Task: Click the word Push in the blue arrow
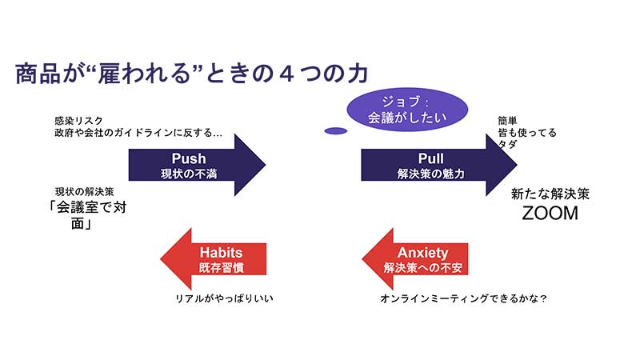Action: [x=189, y=158]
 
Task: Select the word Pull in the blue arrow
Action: [x=430, y=158]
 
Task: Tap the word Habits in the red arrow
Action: [x=221, y=253]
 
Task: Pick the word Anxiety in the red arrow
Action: [x=423, y=253]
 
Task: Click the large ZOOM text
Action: [x=550, y=213]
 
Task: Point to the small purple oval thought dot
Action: [x=335, y=131]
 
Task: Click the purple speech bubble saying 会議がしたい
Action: [x=407, y=110]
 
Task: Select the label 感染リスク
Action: [x=78, y=121]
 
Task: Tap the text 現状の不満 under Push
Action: [x=189, y=174]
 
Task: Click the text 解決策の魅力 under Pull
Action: [x=430, y=174]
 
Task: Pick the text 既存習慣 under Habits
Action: [x=222, y=268]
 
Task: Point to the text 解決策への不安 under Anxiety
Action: [x=423, y=268]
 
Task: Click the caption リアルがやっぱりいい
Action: [x=224, y=298]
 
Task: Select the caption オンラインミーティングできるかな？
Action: [x=463, y=298]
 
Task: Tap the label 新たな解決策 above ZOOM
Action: [x=550, y=194]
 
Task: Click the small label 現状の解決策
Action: [x=85, y=192]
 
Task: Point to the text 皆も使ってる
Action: [x=527, y=133]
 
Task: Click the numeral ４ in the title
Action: [x=287, y=74]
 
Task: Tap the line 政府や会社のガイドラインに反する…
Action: [x=138, y=133]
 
